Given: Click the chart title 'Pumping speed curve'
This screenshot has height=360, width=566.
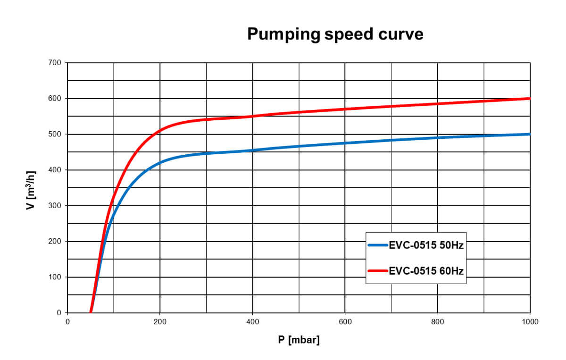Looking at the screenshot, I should click(x=335, y=34).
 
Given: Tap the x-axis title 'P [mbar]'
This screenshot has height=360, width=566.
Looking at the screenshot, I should click(x=299, y=340).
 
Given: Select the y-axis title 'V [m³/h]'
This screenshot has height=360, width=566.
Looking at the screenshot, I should click(x=31, y=188).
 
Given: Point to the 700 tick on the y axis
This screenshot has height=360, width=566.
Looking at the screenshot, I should click(x=56, y=63).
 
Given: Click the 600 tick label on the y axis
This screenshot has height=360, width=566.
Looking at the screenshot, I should click(x=56, y=99).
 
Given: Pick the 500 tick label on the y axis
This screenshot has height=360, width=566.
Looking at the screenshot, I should click(x=56, y=134).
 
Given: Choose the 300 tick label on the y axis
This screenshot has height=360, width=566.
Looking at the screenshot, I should click(x=56, y=206).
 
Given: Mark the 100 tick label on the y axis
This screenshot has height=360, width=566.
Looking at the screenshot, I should click(x=56, y=277).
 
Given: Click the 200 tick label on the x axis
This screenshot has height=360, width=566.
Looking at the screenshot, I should click(x=160, y=322).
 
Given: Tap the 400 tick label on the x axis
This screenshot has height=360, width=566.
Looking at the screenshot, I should click(x=253, y=322).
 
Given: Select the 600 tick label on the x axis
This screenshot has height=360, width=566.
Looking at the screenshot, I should click(x=345, y=322).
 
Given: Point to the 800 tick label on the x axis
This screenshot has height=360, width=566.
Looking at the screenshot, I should click(x=438, y=322).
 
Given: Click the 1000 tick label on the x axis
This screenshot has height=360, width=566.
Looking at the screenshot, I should click(x=530, y=322).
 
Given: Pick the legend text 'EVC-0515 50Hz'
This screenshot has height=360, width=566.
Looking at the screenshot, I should click(x=426, y=245).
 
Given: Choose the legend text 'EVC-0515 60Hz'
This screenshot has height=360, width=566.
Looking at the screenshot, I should click(x=426, y=271).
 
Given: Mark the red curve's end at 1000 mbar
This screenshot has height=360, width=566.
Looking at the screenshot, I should click(x=530, y=99).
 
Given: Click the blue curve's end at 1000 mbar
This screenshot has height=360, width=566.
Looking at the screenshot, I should click(x=530, y=134).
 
